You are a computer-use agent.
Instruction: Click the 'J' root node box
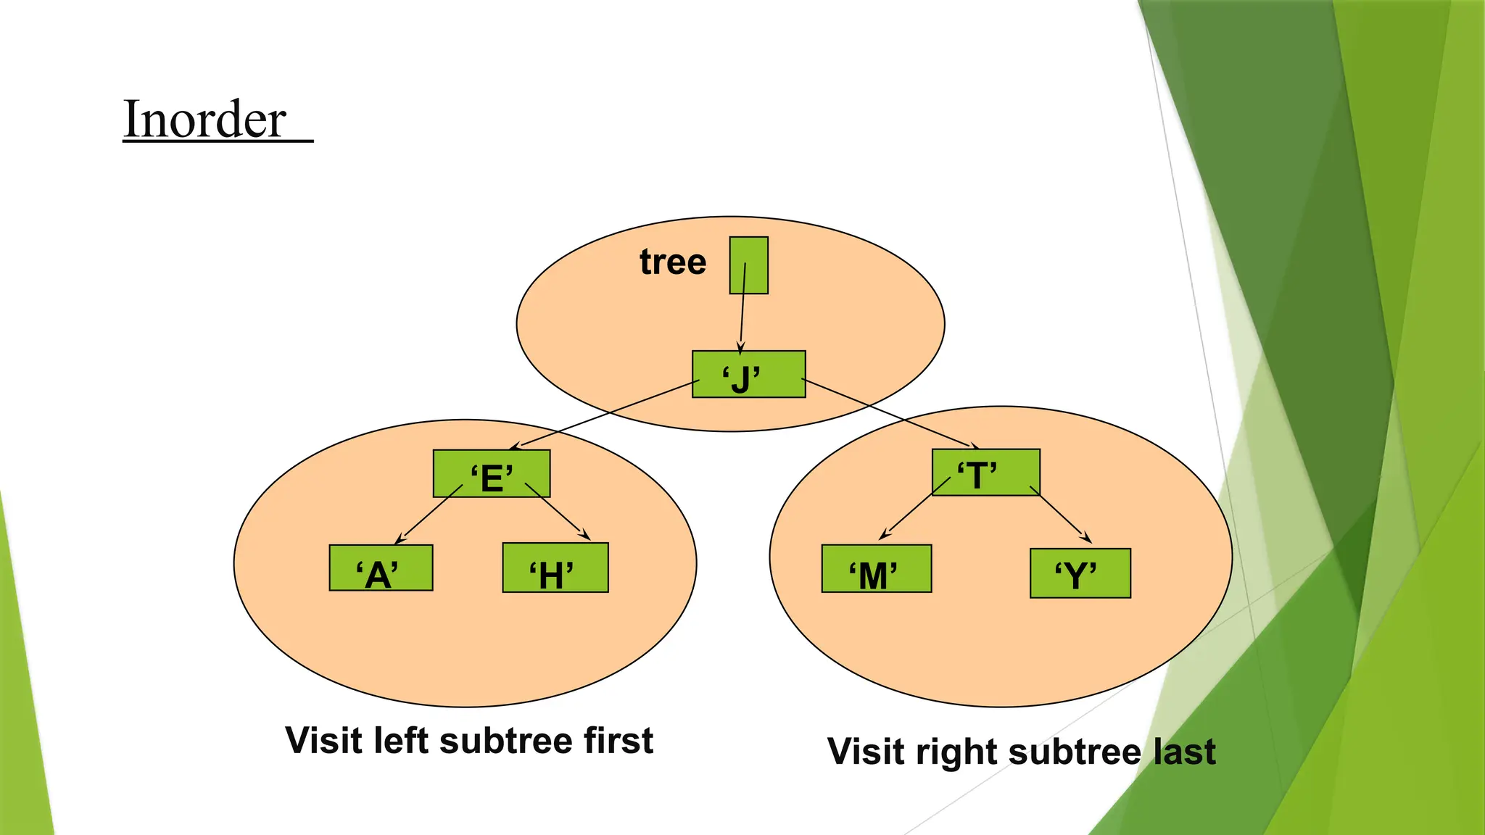748,374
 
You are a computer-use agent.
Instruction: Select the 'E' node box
492,473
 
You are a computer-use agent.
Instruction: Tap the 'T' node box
985,472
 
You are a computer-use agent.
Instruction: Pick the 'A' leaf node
381,568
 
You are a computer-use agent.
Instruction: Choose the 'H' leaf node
555,568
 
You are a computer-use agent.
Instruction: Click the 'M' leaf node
876,568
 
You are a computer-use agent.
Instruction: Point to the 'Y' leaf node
1080,573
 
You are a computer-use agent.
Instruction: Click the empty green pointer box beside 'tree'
748,265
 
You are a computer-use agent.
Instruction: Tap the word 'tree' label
672,262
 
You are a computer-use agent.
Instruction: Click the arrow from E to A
429,515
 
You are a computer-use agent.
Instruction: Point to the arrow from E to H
557,512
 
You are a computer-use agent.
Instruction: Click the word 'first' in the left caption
619,741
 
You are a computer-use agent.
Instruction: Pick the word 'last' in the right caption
1184,752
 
